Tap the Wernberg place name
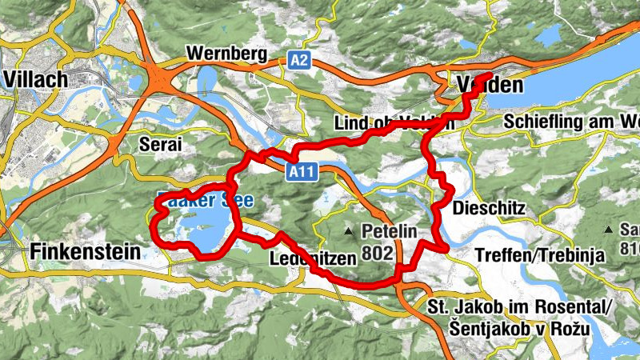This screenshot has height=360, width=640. point(226,54)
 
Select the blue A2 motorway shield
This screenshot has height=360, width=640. point(299,60)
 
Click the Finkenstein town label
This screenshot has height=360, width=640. point(85,252)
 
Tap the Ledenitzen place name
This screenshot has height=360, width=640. point(306,259)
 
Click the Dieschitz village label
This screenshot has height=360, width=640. point(488,208)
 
